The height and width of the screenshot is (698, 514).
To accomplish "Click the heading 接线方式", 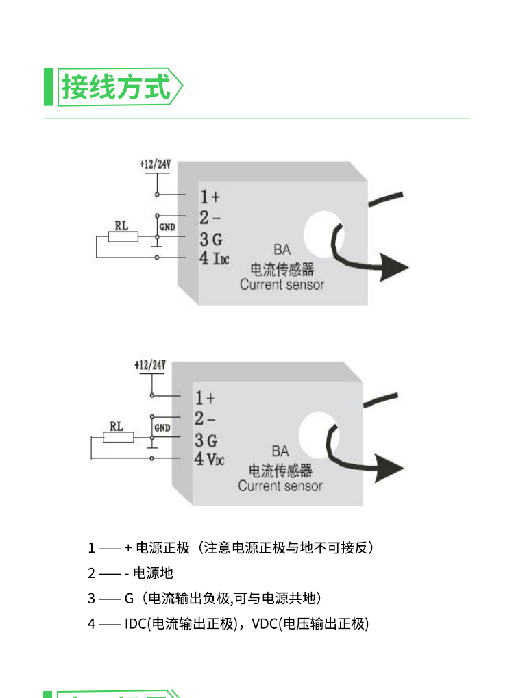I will (116, 87).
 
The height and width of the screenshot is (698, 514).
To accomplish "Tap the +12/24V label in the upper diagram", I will (155, 164).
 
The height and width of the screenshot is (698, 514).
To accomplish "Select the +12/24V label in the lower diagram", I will (151, 365).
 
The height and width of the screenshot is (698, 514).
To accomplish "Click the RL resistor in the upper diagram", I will (123, 237).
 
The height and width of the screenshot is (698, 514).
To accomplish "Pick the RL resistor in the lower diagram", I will (118, 437).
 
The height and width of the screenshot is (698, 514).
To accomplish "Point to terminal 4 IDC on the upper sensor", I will (214, 258).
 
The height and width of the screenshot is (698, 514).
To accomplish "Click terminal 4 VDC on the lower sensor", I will (209, 458).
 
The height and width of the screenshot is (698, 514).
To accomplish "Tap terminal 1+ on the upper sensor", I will (209, 197).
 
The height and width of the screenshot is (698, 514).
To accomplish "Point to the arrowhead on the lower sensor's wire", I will (387, 469).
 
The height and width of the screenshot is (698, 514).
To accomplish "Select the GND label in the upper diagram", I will (167, 226).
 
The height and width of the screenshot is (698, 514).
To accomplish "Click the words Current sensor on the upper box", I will (282, 284).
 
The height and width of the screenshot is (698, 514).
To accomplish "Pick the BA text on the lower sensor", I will (280, 451).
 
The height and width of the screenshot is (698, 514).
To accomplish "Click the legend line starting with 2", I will (130, 573).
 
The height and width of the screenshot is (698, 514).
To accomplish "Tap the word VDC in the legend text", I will (265, 624).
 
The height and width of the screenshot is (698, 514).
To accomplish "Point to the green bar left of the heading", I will (48, 87).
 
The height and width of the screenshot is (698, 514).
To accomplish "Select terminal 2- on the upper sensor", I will (209, 218).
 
